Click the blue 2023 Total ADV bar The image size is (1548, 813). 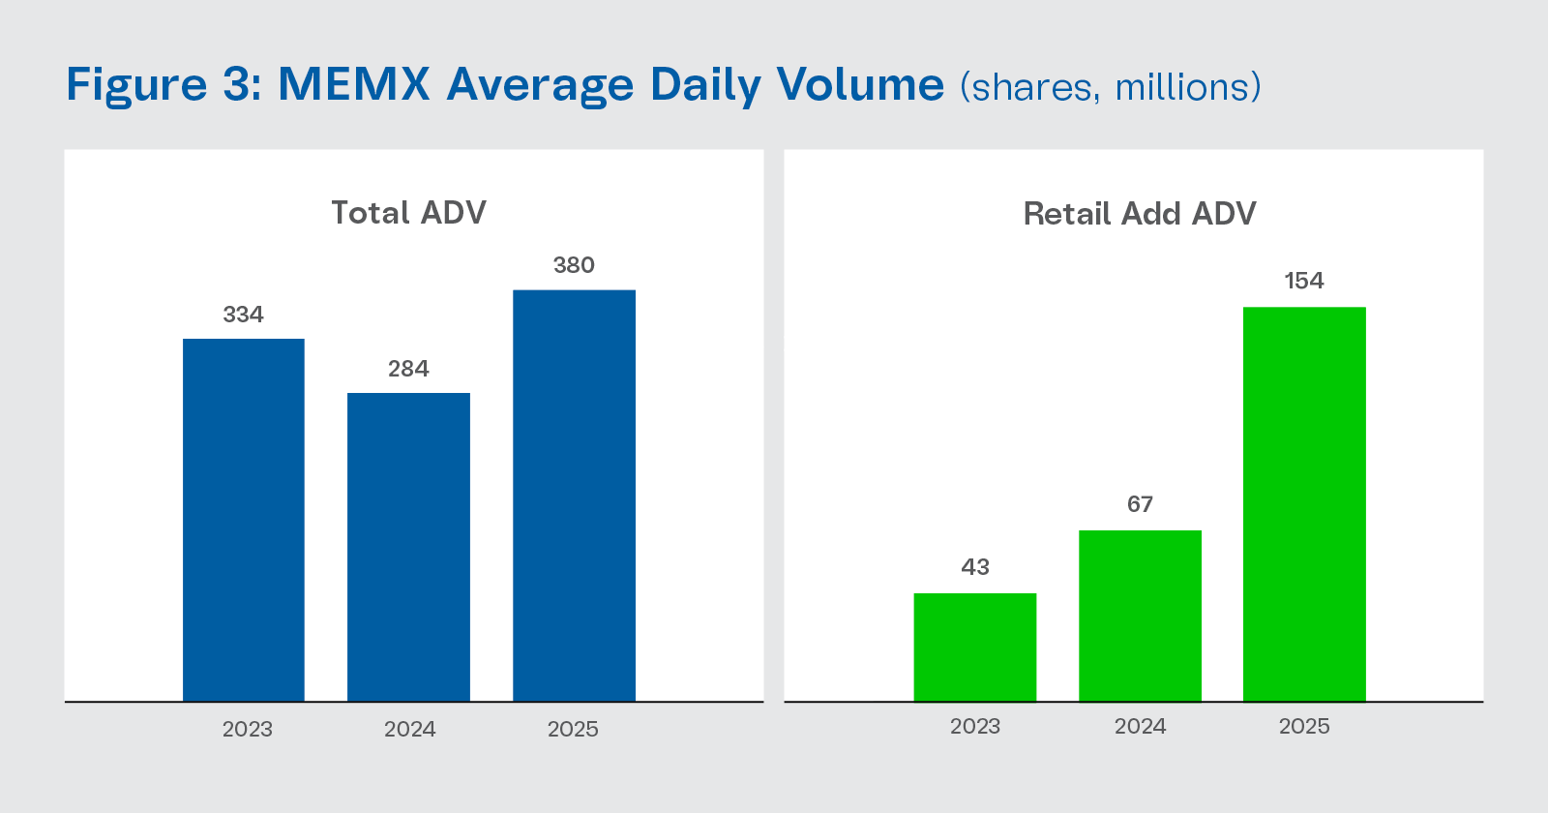[x=244, y=520]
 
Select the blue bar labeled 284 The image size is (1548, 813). [x=408, y=547]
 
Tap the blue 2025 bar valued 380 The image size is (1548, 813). [x=574, y=496]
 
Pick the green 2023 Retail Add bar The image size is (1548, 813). [x=975, y=647]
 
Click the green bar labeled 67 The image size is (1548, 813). [x=1140, y=616]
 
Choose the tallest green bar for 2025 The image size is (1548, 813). [x=1304, y=503]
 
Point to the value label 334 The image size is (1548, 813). [x=244, y=315]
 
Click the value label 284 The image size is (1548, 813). [x=408, y=369]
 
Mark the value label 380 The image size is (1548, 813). [x=574, y=265]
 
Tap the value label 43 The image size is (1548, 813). [x=975, y=567]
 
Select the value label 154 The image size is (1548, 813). [x=1304, y=281]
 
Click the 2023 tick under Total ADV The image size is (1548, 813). [x=248, y=729]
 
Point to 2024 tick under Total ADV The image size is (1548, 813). [x=409, y=729]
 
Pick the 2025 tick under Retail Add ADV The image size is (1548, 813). [x=1304, y=726]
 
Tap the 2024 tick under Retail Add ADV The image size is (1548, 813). [x=1140, y=726]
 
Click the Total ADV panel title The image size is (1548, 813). [x=408, y=213]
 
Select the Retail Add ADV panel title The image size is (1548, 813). [x=1140, y=214]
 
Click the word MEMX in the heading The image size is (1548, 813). [x=353, y=84]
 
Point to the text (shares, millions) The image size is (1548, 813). [x=1111, y=87]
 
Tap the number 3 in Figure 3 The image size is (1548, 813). [x=237, y=84]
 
